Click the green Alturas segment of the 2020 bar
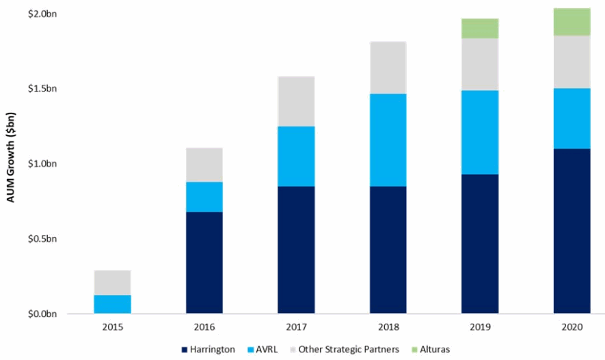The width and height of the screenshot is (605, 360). coord(572,22)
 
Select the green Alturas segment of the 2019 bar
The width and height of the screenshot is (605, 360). coord(479,28)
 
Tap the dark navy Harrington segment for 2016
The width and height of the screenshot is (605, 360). coord(204,262)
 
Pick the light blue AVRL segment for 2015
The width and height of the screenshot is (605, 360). coord(112,304)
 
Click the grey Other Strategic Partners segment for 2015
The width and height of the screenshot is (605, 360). coord(112,282)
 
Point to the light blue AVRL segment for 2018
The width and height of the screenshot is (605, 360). coord(388,139)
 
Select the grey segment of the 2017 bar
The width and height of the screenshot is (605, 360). coord(296,101)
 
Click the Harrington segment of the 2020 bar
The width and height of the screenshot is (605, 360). coord(572,231)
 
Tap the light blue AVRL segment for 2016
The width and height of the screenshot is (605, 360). coord(204,197)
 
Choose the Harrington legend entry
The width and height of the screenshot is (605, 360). coord(209,349)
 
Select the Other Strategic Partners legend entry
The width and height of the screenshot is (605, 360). coord(349,349)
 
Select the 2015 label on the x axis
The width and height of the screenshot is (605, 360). coord(112,327)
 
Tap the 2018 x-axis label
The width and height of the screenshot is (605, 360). coord(388,327)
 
